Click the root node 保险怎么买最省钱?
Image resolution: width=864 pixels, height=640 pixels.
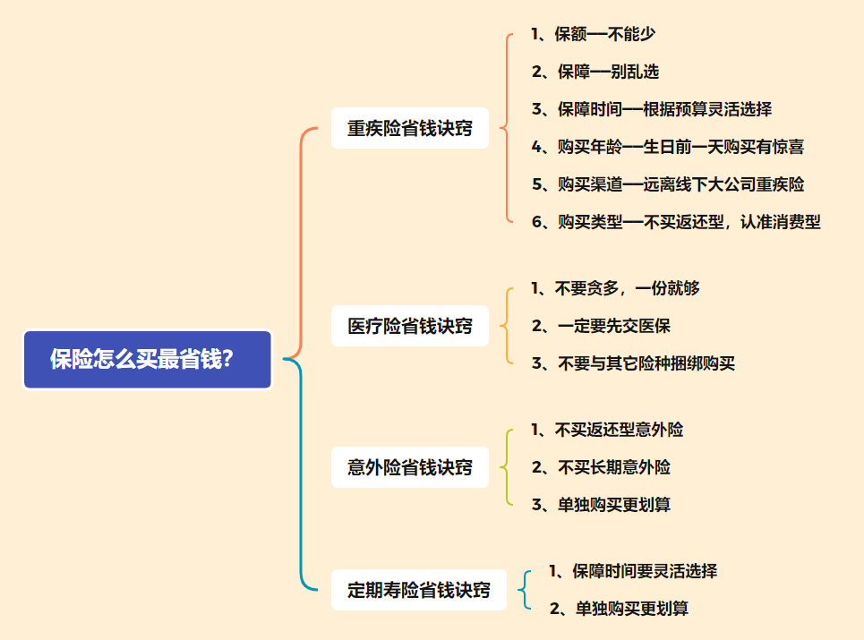pyautogui.click(x=147, y=360)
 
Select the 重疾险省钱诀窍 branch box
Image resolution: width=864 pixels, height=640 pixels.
pyautogui.click(x=410, y=128)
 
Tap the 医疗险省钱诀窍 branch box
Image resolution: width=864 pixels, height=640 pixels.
pyautogui.click(x=410, y=326)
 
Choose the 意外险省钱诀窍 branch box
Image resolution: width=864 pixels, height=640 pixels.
pyautogui.click(x=410, y=467)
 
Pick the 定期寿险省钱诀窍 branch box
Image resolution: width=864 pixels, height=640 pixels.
pyautogui.click(x=419, y=590)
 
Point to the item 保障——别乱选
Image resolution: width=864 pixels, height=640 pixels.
pyautogui.click(x=595, y=72)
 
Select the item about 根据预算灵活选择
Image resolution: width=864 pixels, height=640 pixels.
pyautogui.click(x=651, y=109)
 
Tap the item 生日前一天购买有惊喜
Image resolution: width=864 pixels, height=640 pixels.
pyautogui.click(x=667, y=147)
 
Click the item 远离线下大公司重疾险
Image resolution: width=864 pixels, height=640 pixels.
pyautogui.click(x=667, y=184)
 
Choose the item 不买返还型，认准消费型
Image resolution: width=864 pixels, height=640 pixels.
pyautogui.click(x=675, y=222)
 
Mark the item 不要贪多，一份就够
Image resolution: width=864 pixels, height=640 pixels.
pyautogui.click(x=615, y=288)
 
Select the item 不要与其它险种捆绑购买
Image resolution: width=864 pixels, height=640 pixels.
pyautogui.click(x=633, y=363)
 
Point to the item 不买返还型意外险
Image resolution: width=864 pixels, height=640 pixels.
pyautogui.click(x=607, y=430)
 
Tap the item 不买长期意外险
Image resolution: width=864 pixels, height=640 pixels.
pyautogui.click(x=601, y=467)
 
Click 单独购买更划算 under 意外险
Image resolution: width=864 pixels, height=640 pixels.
pyautogui.click(x=601, y=505)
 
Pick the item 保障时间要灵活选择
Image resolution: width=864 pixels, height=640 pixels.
pyautogui.click(x=633, y=571)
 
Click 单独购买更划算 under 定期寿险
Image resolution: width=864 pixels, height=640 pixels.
pyautogui.click(x=619, y=609)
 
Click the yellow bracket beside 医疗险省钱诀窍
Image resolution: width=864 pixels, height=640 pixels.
pyautogui.click(x=505, y=326)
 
